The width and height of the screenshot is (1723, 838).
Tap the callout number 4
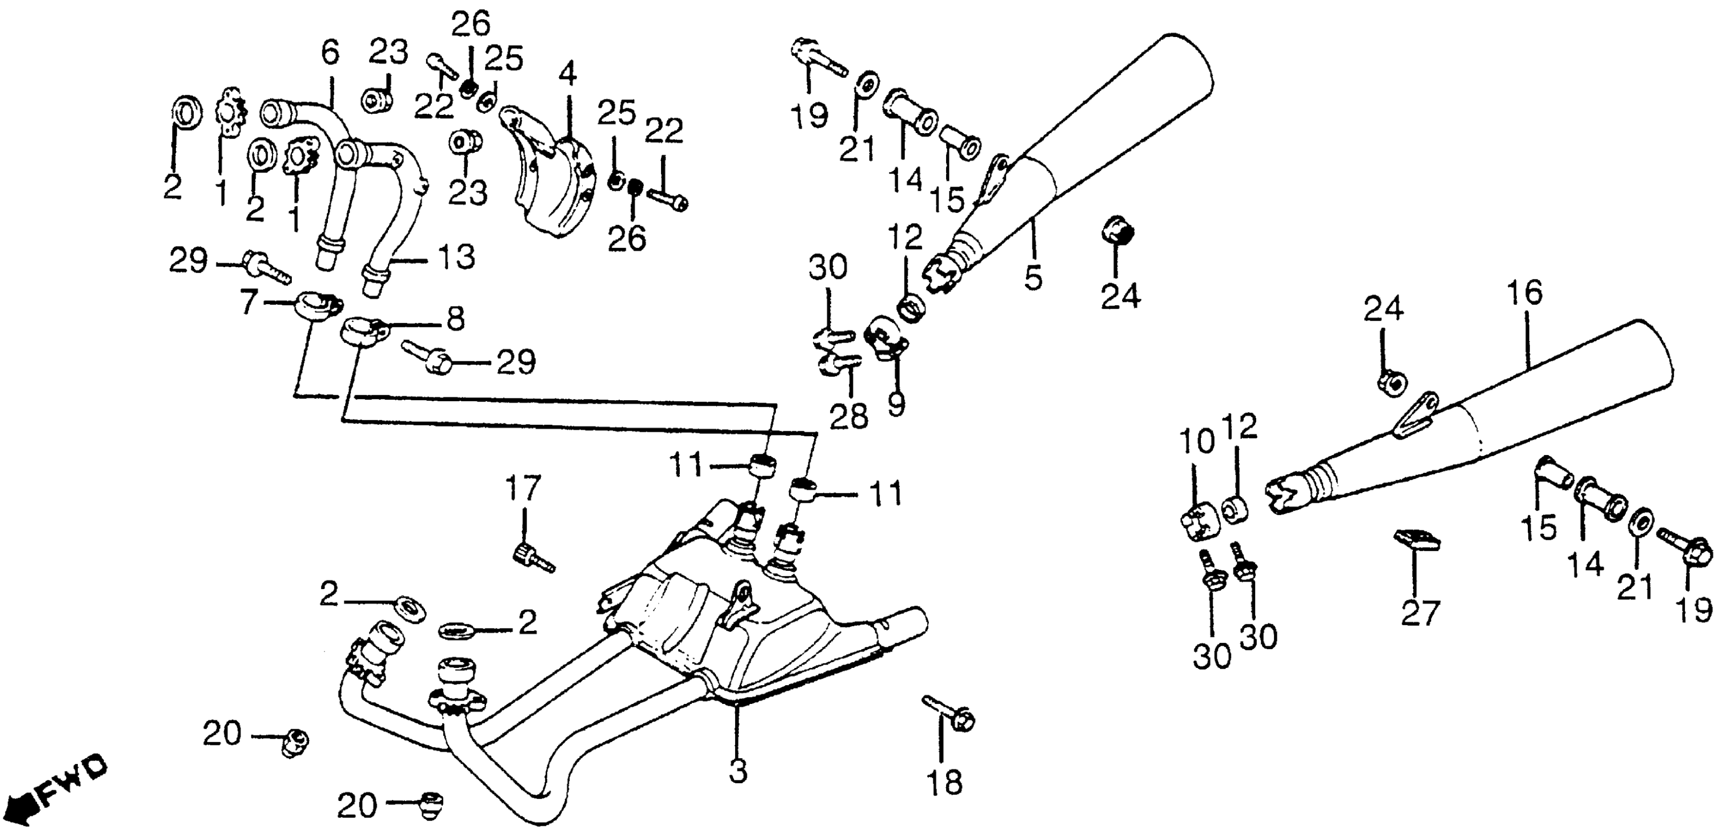[x=567, y=75]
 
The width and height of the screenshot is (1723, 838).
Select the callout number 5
[x=1033, y=276]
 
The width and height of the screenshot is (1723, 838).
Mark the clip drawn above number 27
[x=1415, y=540]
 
